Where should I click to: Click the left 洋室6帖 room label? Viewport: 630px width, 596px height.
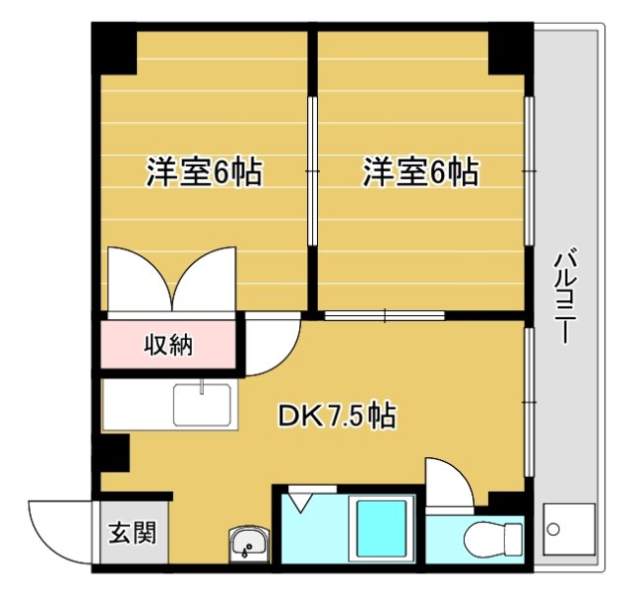pyautogui.click(x=204, y=172)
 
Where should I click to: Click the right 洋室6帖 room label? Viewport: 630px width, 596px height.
pyautogui.click(x=420, y=172)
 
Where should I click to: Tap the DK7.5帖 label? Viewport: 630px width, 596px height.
pyautogui.click(x=336, y=417)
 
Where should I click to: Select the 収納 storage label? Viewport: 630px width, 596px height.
pyautogui.click(x=168, y=345)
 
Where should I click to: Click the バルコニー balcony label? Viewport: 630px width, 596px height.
pyautogui.click(x=564, y=297)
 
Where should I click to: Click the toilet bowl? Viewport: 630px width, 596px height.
pyautogui.click(x=493, y=539)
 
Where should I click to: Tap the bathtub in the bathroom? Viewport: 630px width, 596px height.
pyautogui.click(x=381, y=531)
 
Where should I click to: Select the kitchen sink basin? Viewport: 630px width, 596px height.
pyautogui.click(x=202, y=404)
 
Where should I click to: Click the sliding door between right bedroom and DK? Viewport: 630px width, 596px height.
pyautogui.click(x=385, y=316)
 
